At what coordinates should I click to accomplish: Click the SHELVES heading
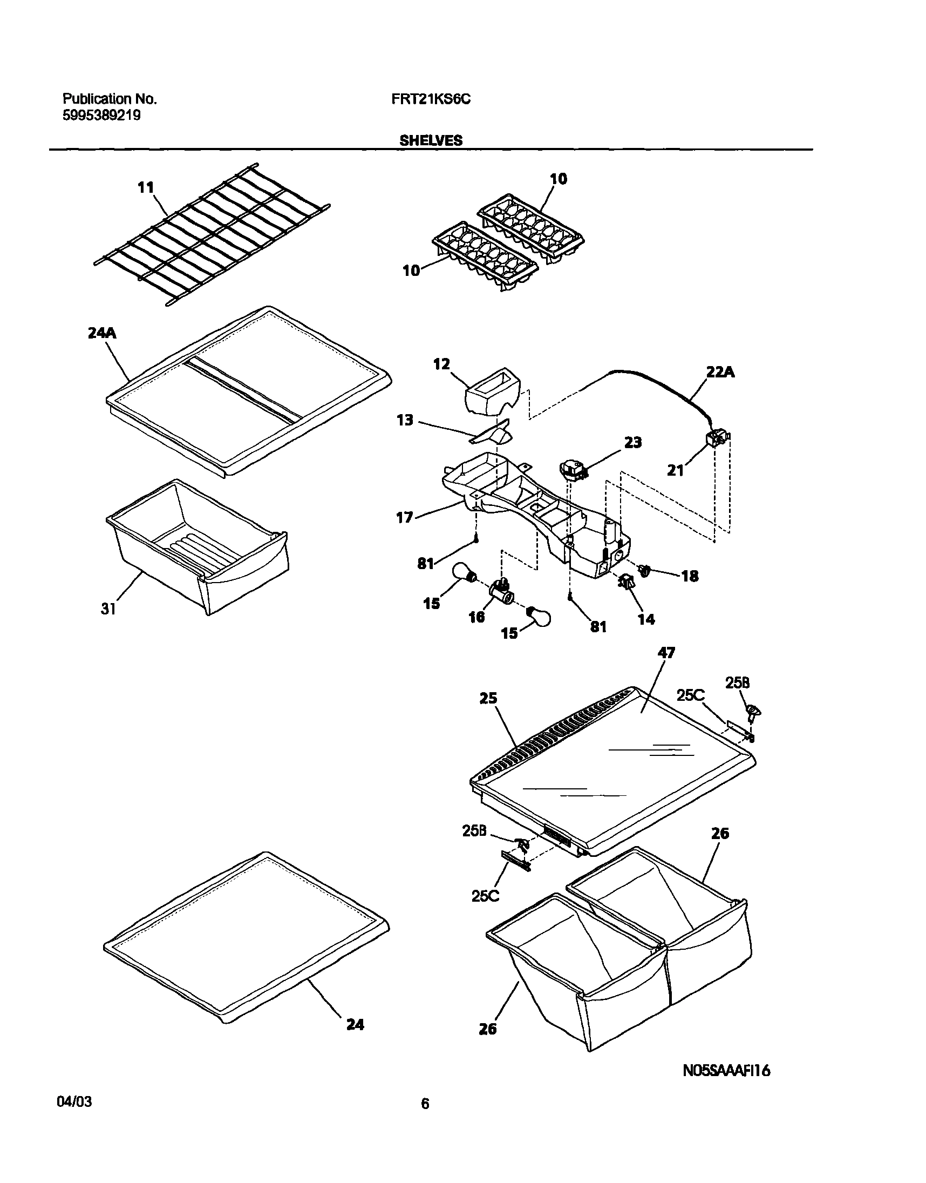[x=431, y=140]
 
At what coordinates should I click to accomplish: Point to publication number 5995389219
[x=102, y=115]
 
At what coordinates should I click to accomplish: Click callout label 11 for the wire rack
[x=146, y=188]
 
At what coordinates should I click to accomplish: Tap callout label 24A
[x=102, y=333]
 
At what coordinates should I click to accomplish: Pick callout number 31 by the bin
[x=108, y=609]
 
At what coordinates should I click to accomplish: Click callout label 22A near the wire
[x=720, y=372]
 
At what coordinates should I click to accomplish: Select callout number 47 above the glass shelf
[x=666, y=653]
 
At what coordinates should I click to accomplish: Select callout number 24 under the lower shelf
[x=355, y=1025]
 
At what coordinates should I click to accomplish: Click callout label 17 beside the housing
[x=404, y=517]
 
